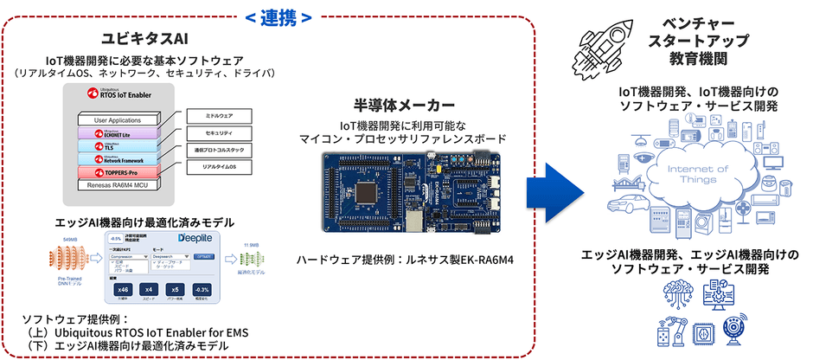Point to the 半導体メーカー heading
406,106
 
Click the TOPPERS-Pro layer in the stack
118,173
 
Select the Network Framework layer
118,159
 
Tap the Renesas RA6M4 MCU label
118,186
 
